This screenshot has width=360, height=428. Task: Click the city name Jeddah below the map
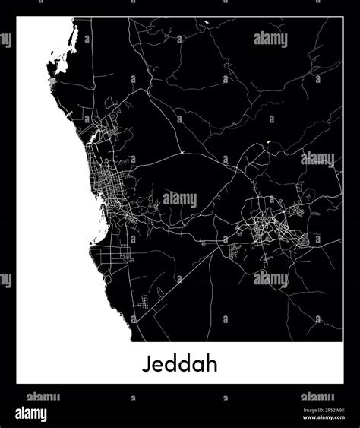(x=179, y=363)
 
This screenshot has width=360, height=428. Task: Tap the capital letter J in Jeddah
(x=146, y=363)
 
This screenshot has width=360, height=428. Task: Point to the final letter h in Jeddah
(x=213, y=363)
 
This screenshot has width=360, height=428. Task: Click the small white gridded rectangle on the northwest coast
(x=52, y=79)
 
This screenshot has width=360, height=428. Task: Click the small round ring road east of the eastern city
(x=307, y=240)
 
